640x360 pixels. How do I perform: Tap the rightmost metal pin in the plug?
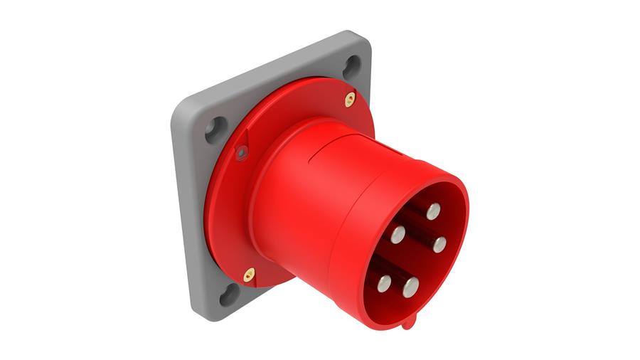[x=439, y=244]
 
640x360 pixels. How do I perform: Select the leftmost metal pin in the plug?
[x=385, y=282]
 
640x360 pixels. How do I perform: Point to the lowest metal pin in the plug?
[x=411, y=287]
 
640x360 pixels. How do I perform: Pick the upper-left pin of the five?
[x=398, y=233]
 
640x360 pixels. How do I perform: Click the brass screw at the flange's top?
[x=350, y=99]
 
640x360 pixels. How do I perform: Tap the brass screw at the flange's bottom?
[x=249, y=274]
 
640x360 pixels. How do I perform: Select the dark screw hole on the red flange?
[x=242, y=151]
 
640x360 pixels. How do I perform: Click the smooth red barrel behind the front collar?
[x=299, y=199]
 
